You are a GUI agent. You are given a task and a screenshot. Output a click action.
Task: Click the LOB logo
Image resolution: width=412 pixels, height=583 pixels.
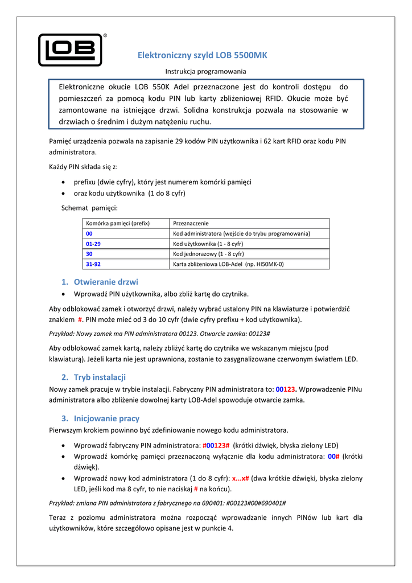(70, 50)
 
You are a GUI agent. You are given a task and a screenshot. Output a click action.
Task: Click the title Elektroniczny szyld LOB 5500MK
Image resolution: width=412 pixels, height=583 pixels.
(203, 55)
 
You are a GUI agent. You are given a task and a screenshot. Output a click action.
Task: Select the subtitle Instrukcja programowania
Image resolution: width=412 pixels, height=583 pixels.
(205, 72)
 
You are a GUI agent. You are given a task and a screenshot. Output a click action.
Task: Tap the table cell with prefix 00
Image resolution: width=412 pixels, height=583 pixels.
(89, 233)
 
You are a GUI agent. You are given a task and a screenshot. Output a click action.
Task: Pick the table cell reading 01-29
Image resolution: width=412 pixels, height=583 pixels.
(93, 244)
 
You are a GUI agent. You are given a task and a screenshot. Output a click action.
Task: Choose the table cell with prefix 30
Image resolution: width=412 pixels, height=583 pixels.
(89, 254)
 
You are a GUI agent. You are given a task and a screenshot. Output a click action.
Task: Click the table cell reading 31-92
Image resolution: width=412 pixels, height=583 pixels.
(93, 264)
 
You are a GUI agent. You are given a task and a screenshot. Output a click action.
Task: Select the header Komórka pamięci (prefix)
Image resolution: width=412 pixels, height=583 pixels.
(117, 224)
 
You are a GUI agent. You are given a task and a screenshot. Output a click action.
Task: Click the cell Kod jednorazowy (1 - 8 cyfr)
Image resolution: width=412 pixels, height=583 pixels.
(208, 254)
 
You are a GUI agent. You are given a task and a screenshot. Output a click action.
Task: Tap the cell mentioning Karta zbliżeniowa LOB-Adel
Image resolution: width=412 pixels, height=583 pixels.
(228, 264)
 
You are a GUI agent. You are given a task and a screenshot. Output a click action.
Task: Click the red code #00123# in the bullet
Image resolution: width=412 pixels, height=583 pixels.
(216, 445)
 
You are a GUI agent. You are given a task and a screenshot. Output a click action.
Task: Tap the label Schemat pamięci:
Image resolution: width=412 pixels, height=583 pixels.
(89, 208)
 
